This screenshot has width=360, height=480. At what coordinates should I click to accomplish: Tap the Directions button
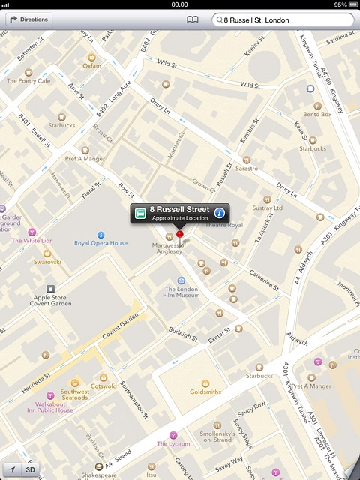coord(28,19)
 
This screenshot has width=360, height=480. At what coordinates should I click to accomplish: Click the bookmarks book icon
coord(193,20)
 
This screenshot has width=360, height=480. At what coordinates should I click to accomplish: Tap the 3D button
coord(31,470)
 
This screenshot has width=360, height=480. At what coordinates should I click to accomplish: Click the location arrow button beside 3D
coord(12,470)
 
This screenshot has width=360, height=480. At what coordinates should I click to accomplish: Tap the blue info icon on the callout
coord(220,212)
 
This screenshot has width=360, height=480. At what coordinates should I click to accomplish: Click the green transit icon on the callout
coord(140,212)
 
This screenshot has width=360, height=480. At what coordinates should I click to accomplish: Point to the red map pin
coord(179,235)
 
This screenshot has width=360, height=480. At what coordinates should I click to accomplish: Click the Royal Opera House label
coord(101,243)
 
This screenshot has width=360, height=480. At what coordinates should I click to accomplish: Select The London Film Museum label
coord(181,292)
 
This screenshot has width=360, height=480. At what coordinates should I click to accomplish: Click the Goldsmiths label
coord(205,391)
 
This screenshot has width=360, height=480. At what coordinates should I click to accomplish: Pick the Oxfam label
coord(91,65)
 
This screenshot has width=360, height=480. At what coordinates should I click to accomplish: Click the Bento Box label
coord(317,114)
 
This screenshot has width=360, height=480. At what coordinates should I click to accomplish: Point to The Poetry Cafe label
coord(28,80)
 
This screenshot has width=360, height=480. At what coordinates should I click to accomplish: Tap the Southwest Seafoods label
coord(75,394)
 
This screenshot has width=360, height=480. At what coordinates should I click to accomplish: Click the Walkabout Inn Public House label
coord(50,407)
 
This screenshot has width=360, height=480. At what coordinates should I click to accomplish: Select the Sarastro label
coord(247,169)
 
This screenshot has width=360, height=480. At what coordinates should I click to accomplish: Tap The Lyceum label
coord(173,443)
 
